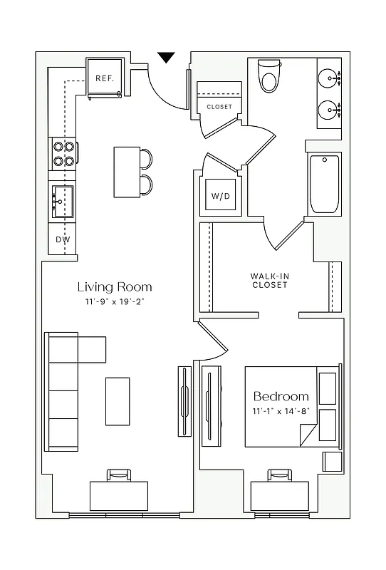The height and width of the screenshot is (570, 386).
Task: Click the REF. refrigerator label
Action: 105,78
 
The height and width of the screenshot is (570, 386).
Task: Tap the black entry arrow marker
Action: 166,58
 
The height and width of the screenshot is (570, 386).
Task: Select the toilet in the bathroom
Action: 270,76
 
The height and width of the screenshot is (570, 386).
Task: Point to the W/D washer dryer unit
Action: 220,196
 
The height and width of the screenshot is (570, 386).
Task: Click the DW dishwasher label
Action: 63,239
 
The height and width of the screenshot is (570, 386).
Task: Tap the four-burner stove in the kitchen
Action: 63,154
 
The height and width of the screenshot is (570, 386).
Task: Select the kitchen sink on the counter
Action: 62,201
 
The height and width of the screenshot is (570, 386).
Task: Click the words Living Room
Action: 115,287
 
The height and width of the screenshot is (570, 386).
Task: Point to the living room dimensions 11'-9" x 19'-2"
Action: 115,303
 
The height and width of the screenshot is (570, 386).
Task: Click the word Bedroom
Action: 281,396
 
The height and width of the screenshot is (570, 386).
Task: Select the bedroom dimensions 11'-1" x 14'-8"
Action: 281,412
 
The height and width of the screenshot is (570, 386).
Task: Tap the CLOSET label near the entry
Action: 219,107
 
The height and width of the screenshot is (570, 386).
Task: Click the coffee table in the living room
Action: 118,400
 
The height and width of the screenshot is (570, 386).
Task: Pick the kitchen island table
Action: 127,172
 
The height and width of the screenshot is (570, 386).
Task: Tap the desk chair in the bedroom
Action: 280,475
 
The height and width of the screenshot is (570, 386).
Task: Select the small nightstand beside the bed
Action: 333,461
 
